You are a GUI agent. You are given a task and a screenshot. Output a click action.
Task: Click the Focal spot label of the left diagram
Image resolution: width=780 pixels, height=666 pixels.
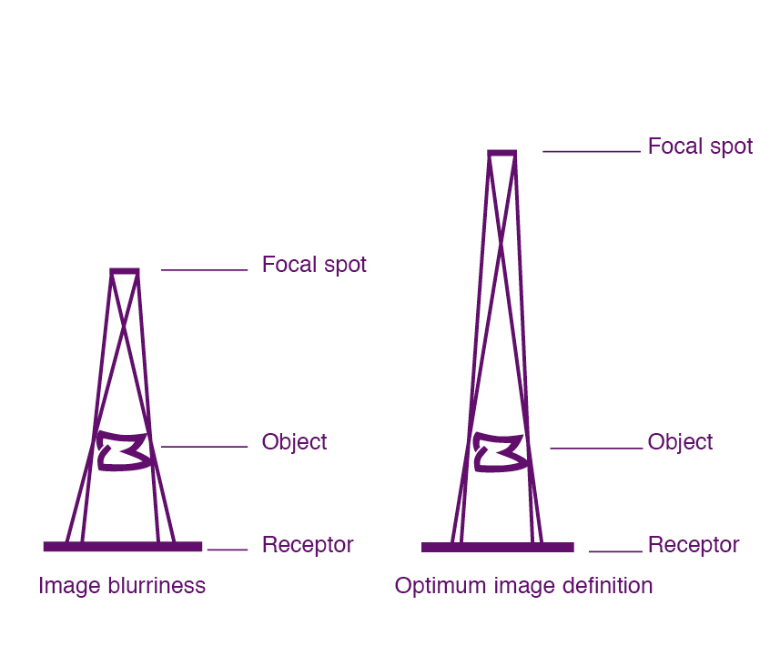[x=314, y=265]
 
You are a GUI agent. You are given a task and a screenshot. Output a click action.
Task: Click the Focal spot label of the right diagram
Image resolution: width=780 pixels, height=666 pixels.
[x=700, y=146]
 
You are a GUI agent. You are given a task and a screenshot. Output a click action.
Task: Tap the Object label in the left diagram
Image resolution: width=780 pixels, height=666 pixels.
[x=294, y=442]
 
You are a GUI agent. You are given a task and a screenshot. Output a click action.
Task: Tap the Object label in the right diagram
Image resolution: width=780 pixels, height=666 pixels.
[x=680, y=442]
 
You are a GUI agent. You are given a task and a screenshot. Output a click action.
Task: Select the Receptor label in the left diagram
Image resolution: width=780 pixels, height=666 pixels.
[x=308, y=545]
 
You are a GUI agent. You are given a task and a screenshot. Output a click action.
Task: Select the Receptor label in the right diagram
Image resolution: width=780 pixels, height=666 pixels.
[x=694, y=545]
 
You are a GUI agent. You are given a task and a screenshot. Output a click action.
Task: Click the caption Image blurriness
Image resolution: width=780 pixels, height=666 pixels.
[x=122, y=585]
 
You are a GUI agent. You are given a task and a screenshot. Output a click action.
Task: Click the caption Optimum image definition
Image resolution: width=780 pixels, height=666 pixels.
[x=523, y=585]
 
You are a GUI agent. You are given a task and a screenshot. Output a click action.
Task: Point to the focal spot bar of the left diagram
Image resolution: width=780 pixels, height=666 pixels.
[x=125, y=270]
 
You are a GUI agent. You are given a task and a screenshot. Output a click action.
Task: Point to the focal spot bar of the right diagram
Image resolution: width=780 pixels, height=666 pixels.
[x=501, y=152]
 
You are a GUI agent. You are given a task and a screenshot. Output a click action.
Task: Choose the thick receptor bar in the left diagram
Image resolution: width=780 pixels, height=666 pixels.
[x=123, y=546]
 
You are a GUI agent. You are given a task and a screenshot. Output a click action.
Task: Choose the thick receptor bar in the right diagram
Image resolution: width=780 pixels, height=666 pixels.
[x=498, y=547]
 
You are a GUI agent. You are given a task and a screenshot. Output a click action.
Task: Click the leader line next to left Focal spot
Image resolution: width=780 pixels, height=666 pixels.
[x=204, y=269]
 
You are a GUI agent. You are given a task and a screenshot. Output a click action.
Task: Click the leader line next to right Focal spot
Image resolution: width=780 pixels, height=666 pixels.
[x=592, y=151]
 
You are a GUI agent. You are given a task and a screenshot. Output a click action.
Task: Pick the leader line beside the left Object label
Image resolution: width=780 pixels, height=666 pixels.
[x=204, y=447]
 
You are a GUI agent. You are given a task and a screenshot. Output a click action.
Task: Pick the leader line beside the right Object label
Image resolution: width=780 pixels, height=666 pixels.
[x=596, y=448]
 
